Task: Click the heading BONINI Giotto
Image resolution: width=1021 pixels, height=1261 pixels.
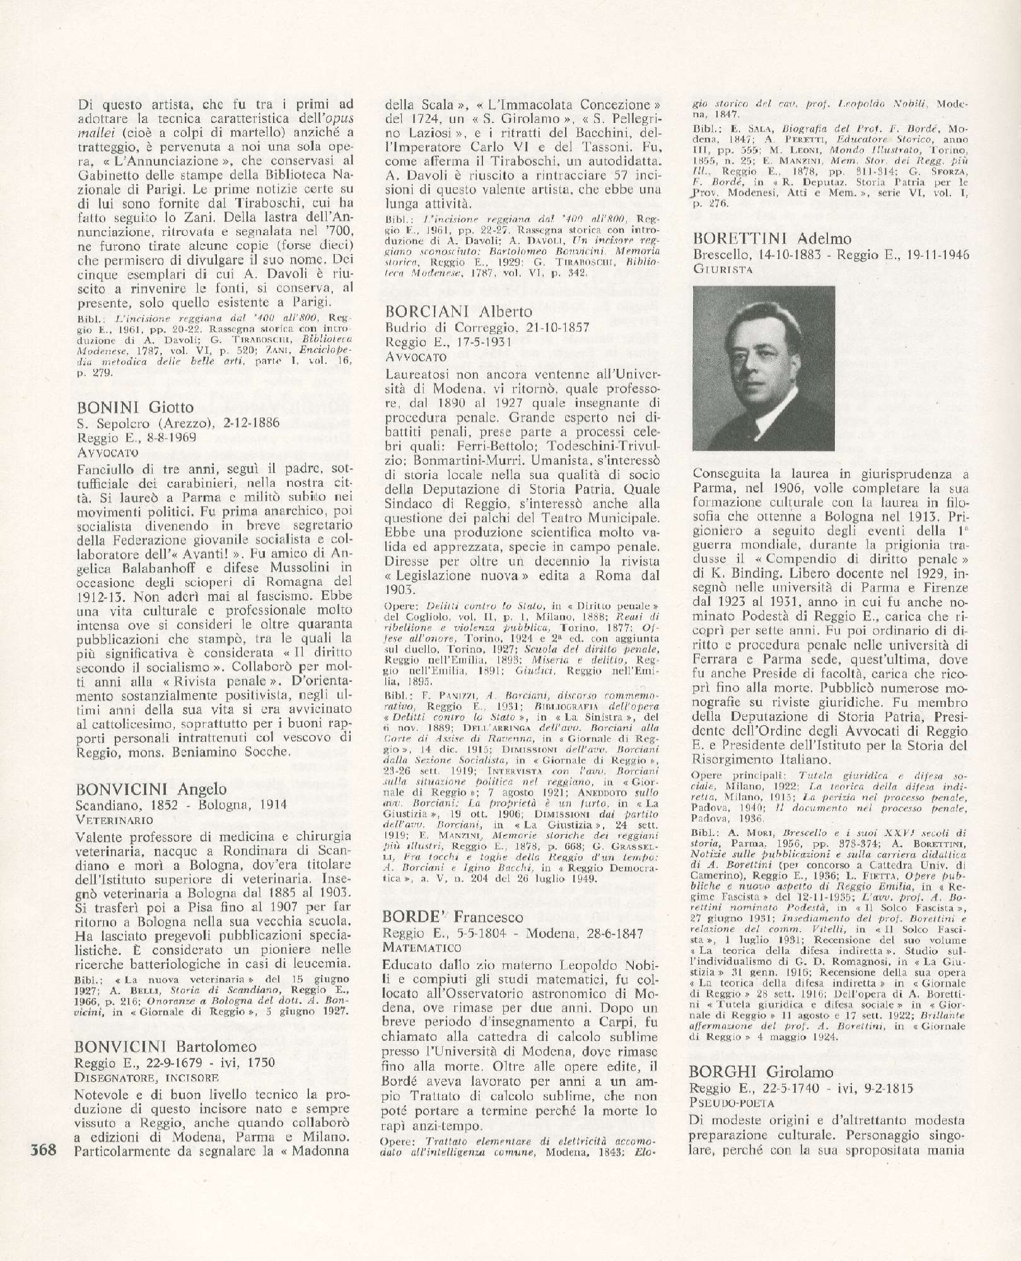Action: pos(135,407)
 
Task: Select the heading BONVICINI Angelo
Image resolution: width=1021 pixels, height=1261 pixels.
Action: pos(151,789)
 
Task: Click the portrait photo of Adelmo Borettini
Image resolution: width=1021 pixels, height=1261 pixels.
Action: pos(763,368)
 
